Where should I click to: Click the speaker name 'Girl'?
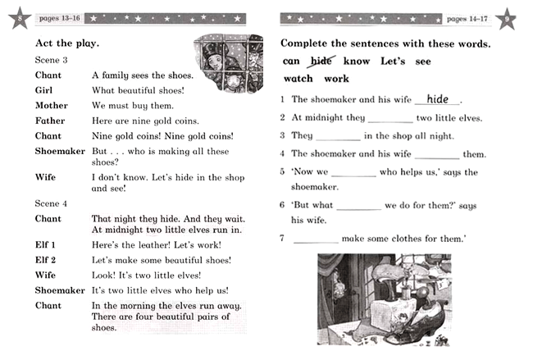coord(45,90)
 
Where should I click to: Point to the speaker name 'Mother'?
coord(51,105)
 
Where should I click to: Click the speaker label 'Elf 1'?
coord(47,244)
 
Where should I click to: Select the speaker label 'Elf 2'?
coord(47,260)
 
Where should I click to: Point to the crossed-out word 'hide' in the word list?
coord(321,61)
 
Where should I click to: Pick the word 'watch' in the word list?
coord(298,79)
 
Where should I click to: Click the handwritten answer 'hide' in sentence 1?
coord(438,99)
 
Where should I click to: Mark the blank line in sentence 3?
coord(337,137)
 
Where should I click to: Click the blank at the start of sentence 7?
coord(316,240)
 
